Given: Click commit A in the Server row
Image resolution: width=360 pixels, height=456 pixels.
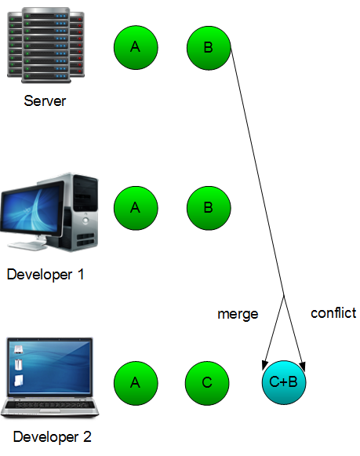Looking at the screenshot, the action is pos(136,47).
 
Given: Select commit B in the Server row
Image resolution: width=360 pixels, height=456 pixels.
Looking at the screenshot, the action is pos(209,48).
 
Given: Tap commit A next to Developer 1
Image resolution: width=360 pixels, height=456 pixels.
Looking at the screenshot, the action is pos(136,208).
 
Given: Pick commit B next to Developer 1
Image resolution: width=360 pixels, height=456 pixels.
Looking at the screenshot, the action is pos(209,208).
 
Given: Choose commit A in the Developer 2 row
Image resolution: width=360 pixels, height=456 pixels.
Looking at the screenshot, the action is pos(136,383).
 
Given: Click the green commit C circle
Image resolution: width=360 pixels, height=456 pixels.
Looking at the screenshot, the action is pos(207,383).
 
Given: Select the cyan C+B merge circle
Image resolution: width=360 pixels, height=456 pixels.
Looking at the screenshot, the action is pos(284,382).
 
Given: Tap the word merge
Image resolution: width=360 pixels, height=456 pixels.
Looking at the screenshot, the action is pos(238,314).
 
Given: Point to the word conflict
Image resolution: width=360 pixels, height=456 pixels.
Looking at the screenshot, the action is pos(333,313).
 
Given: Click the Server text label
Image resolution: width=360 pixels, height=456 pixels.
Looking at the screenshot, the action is pos(45,101).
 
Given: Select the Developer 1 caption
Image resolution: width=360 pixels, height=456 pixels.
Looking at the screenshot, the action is pos(45,274).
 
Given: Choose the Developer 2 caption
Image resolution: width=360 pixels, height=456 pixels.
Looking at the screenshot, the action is pos(53,437).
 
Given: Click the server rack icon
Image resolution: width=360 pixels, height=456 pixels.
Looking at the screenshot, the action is pos(46,45).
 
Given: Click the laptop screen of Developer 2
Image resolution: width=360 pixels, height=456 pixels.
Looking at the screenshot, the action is pos(50,367).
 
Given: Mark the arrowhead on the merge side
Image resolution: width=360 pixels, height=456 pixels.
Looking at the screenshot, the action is pos(264,365).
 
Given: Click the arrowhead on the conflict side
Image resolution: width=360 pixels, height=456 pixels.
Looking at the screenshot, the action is pos(303,367).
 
